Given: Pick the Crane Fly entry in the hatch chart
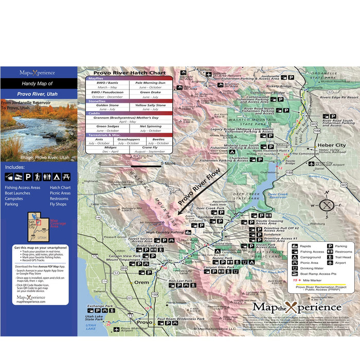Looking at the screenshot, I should point(151,148).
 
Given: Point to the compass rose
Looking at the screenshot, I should point(327,204).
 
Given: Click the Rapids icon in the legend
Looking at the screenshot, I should point(295,246).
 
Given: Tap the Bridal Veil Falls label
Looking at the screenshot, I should point(135,246).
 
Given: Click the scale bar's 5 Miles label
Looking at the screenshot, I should point(168,164).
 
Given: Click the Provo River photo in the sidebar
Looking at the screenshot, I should point(39,125).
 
